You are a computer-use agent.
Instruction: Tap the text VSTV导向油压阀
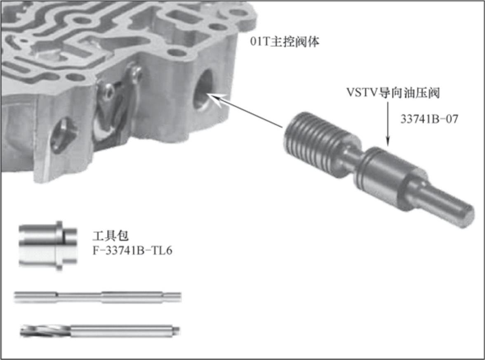(x=393, y=92)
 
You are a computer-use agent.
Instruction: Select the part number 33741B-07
(x=429, y=119)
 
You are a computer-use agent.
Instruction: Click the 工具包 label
(x=111, y=236)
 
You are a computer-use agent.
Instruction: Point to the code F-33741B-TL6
(x=132, y=251)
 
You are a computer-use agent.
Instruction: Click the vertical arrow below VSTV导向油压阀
(x=388, y=123)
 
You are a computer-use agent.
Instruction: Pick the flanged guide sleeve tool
(x=48, y=246)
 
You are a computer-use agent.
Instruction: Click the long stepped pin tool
(x=97, y=297)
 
